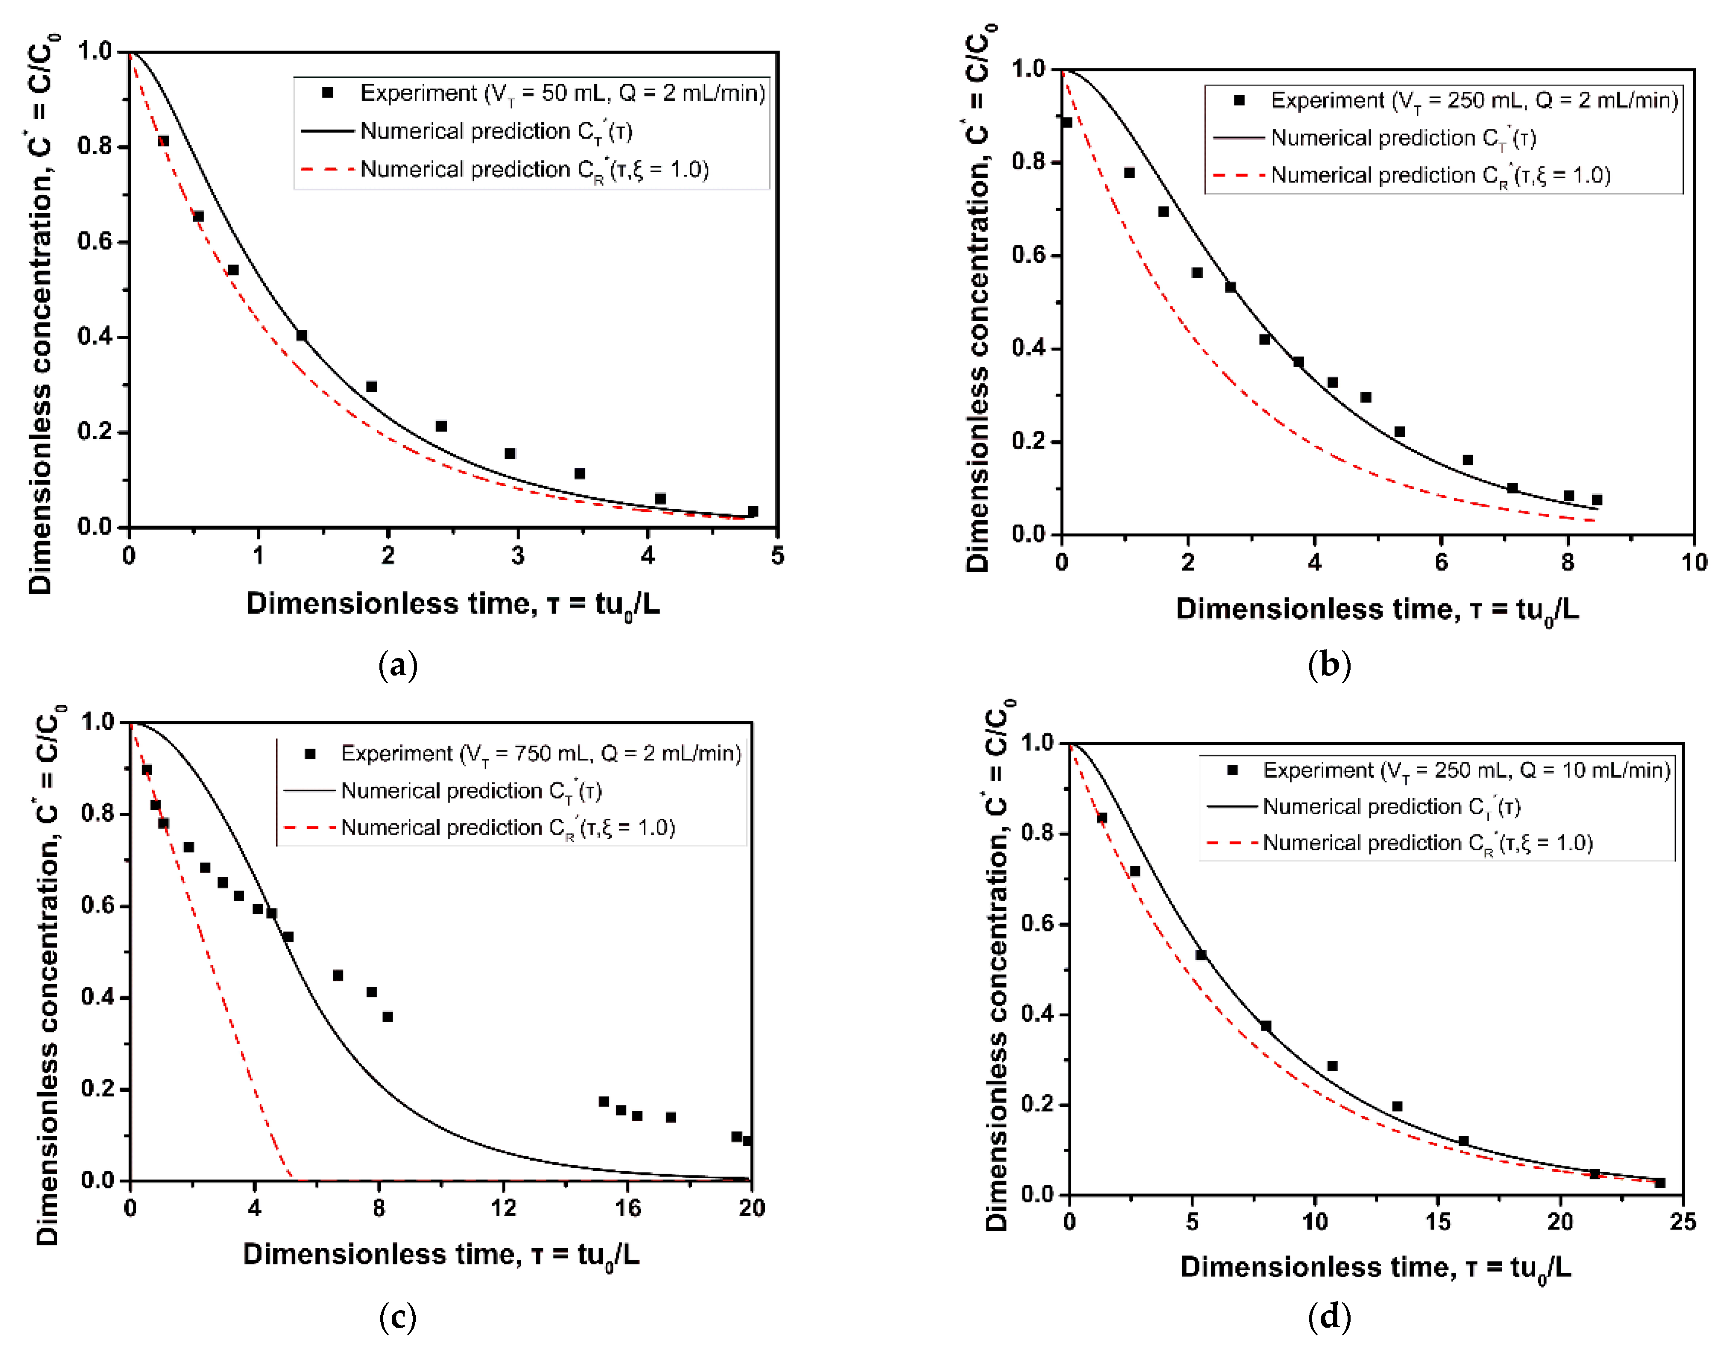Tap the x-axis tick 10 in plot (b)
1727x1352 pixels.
pyautogui.click(x=1694, y=563)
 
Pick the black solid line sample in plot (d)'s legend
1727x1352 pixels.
pyautogui.click(x=1231, y=807)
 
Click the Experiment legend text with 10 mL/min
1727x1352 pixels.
pyautogui.click(x=1466, y=770)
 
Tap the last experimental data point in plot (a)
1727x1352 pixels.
pyautogui.click(x=753, y=511)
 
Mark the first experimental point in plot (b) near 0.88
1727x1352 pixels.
pyautogui.click(x=1067, y=123)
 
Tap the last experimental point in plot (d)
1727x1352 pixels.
pyautogui.click(x=1660, y=1183)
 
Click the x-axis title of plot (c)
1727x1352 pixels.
pyautogui.click(x=441, y=1255)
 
